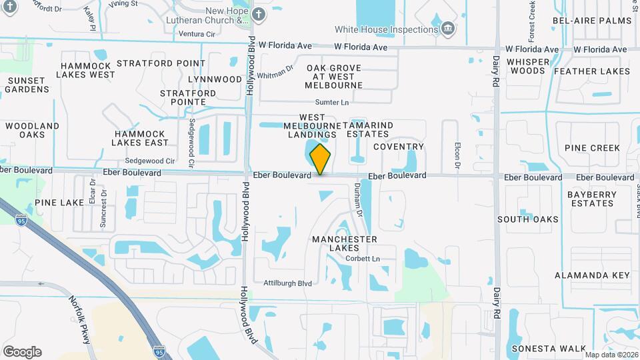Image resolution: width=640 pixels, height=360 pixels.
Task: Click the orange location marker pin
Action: point(321,159)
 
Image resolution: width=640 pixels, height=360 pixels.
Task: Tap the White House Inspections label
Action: point(386,29)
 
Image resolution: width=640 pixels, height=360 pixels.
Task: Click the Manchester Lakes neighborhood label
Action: point(344,243)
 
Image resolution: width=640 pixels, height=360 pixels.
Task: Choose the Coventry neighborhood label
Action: point(399,147)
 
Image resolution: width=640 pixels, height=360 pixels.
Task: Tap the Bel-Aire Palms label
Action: point(591,21)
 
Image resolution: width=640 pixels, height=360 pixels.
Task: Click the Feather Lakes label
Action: point(591,71)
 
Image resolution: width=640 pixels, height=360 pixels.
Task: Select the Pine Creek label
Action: point(592,148)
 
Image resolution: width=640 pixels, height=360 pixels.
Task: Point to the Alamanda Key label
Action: point(592,275)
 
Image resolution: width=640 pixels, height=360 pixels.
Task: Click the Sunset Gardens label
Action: point(27,85)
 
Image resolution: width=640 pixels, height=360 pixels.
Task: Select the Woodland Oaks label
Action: point(32,130)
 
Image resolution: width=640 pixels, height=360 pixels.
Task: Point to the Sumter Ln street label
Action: point(332,102)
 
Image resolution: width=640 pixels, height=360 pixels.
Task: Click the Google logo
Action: point(22,351)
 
